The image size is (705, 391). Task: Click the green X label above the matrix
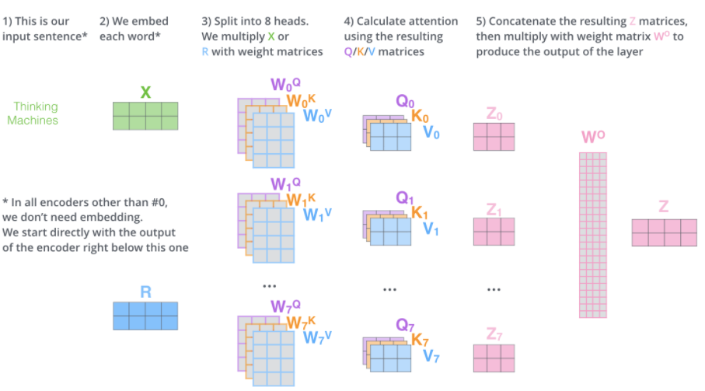[x=145, y=93]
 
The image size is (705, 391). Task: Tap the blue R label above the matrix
[x=145, y=292]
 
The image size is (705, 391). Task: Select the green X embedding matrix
[x=145, y=116]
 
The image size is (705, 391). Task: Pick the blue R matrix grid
[x=145, y=316]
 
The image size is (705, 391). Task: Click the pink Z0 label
[x=494, y=115]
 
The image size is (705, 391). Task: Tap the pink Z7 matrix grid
[x=494, y=357]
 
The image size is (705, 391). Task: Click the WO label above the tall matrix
[x=592, y=138]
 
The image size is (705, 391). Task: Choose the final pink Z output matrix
[x=664, y=232]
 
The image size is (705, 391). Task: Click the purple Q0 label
[x=405, y=102]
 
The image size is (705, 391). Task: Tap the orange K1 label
[x=420, y=213]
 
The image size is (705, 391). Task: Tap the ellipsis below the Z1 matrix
[x=494, y=288]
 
